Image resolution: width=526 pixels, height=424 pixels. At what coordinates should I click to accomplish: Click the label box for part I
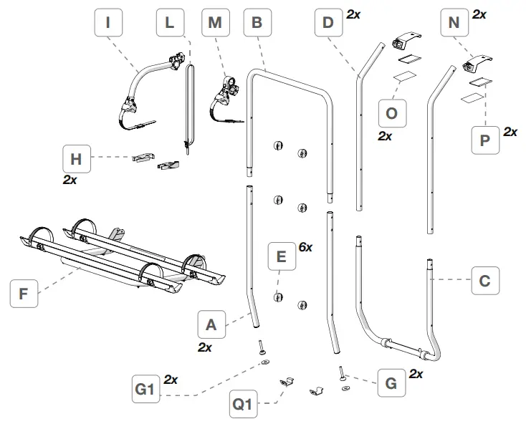pos(108,23)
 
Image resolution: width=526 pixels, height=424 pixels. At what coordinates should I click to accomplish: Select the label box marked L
pos(169,23)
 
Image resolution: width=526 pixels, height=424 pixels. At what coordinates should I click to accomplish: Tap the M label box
pos(214,23)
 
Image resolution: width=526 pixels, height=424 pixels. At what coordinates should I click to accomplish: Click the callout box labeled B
pos(257,23)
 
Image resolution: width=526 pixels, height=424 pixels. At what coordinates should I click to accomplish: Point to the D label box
pos(328,23)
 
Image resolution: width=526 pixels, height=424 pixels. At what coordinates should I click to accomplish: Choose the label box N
pos(454,23)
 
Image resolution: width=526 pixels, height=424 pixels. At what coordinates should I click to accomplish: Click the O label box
pos(391,113)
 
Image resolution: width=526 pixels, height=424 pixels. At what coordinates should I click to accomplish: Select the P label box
pos(485,140)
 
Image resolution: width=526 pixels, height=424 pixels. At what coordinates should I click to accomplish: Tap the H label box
pos(76,159)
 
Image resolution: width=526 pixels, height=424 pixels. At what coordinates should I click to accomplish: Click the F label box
pos(24,294)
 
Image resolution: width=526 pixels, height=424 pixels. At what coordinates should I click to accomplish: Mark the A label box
pos(211,324)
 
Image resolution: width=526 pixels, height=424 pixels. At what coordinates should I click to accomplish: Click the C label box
pos(484,281)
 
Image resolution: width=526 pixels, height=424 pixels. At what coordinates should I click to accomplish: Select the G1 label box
pos(145,390)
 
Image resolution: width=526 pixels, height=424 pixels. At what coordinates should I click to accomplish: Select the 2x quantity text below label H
pos(70,180)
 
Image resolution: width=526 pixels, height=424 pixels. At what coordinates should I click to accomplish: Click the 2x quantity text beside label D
pos(353,14)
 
